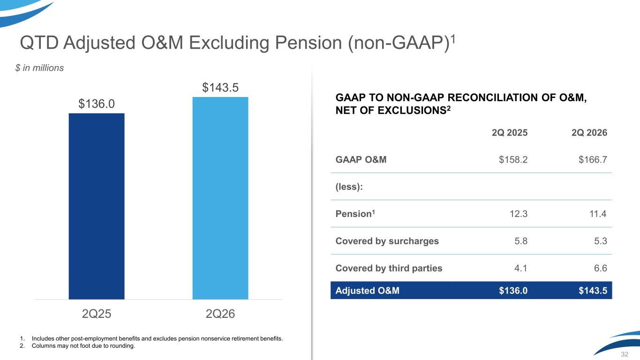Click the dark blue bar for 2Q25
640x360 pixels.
(x=97, y=206)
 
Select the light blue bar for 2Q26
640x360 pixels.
(x=220, y=198)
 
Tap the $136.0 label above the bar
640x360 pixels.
(x=97, y=104)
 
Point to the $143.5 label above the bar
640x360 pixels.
(x=220, y=88)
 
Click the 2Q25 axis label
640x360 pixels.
(x=97, y=314)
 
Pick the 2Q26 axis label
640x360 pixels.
(x=220, y=314)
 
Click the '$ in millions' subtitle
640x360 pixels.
(x=39, y=68)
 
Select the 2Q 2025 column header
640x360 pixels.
(x=510, y=133)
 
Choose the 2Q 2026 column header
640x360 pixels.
(x=589, y=133)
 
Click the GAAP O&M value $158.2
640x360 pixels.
(x=513, y=159)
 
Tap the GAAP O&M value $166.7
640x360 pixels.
(x=593, y=159)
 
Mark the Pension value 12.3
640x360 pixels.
(x=519, y=214)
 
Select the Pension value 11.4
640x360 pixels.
(x=598, y=214)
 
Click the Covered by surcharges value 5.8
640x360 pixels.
(x=521, y=241)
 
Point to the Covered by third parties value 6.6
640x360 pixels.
(x=601, y=268)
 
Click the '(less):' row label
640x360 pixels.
(x=349, y=187)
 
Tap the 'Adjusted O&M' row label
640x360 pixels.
(x=368, y=291)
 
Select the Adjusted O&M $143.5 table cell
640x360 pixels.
(x=593, y=291)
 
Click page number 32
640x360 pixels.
(x=625, y=354)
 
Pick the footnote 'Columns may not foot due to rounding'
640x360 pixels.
(x=83, y=346)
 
